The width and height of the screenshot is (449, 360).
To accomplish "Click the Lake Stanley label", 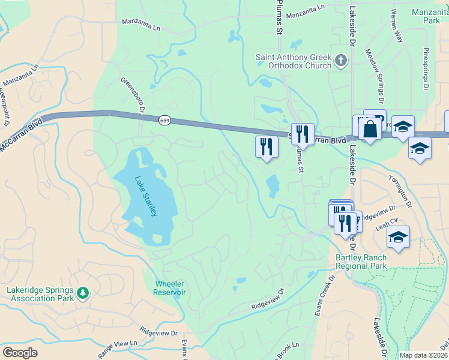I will click(146, 196).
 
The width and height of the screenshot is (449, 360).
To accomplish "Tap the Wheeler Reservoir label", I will click(170, 287).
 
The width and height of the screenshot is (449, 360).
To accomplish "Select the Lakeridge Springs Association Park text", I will click(41, 294).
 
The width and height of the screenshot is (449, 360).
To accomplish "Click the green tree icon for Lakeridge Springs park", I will click(83, 293).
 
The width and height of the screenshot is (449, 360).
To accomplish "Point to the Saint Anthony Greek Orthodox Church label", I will click(294, 61).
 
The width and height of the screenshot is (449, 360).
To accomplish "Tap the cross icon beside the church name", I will click(342, 59).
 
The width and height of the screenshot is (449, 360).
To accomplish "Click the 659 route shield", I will click(164, 121).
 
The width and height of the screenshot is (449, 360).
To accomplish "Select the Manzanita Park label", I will click(426, 16).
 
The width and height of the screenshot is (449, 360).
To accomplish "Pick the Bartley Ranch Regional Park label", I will click(361, 262).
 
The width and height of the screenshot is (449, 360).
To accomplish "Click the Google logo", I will click(20, 353).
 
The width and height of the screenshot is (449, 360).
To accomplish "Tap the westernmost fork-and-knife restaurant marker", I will click(266, 146).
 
